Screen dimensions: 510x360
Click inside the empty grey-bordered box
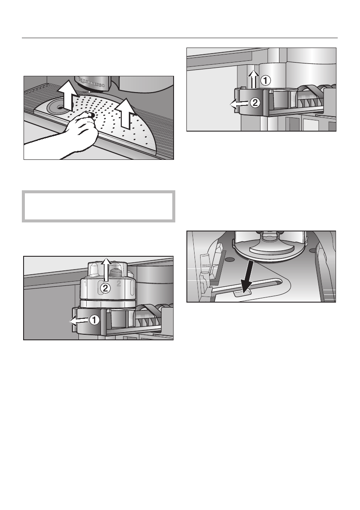click(x=99, y=206)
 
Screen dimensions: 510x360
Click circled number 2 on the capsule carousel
click(x=105, y=289)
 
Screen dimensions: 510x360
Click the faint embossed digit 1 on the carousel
click(x=85, y=283)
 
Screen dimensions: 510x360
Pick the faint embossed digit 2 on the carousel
click(x=119, y=283)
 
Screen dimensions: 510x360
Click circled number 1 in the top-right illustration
click(x=266, y=80)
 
